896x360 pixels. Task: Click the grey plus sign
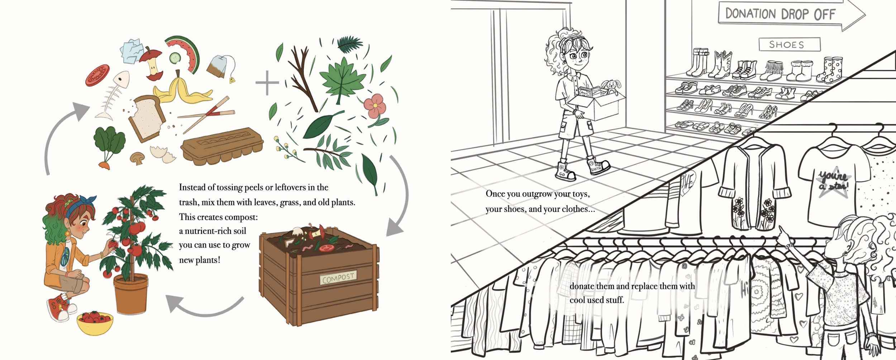pos(267,83)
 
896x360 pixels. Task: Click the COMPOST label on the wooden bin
pos(338,278)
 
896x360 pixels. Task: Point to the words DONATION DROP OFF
pos(780,14)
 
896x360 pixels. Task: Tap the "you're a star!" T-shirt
pos(833,186)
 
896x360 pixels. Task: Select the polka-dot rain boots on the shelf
pos(830,70)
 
